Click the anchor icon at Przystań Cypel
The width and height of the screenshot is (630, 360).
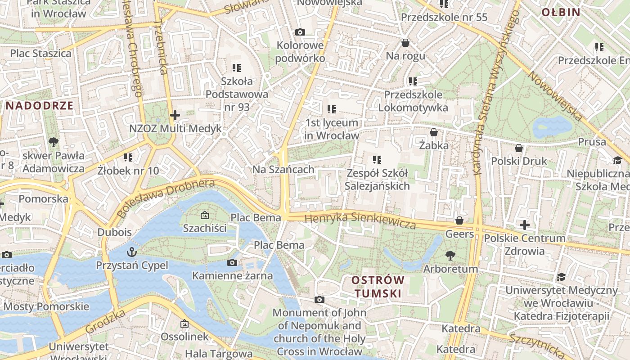tap(132, 251)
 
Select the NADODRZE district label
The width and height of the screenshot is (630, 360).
tap(40, 106)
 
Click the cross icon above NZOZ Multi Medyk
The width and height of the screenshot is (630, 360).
tap(175, 115)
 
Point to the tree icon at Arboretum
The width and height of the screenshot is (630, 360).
tap(450, 256)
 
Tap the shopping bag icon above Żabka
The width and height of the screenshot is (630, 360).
tap(434, 132)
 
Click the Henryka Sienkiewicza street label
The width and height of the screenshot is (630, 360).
tap(360, 220)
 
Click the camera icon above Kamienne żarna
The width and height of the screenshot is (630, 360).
tap(232, 262)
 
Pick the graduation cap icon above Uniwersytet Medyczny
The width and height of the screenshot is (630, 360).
tap(561, 277)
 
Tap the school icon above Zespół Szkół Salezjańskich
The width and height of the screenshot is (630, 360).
tap(377, 159)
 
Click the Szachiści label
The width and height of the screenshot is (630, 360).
tap(205, 228)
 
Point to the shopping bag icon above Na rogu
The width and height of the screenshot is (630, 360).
tap(405, 43)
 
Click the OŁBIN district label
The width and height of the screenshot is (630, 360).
tap(561, 12)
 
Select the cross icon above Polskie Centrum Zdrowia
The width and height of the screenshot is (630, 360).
tap(524, 225)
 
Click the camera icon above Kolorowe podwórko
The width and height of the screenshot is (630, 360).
tap(300, 32)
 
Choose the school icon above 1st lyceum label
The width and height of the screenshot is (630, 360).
tap(332, 109)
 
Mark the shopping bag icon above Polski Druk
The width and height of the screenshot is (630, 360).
tap(519, 148)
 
